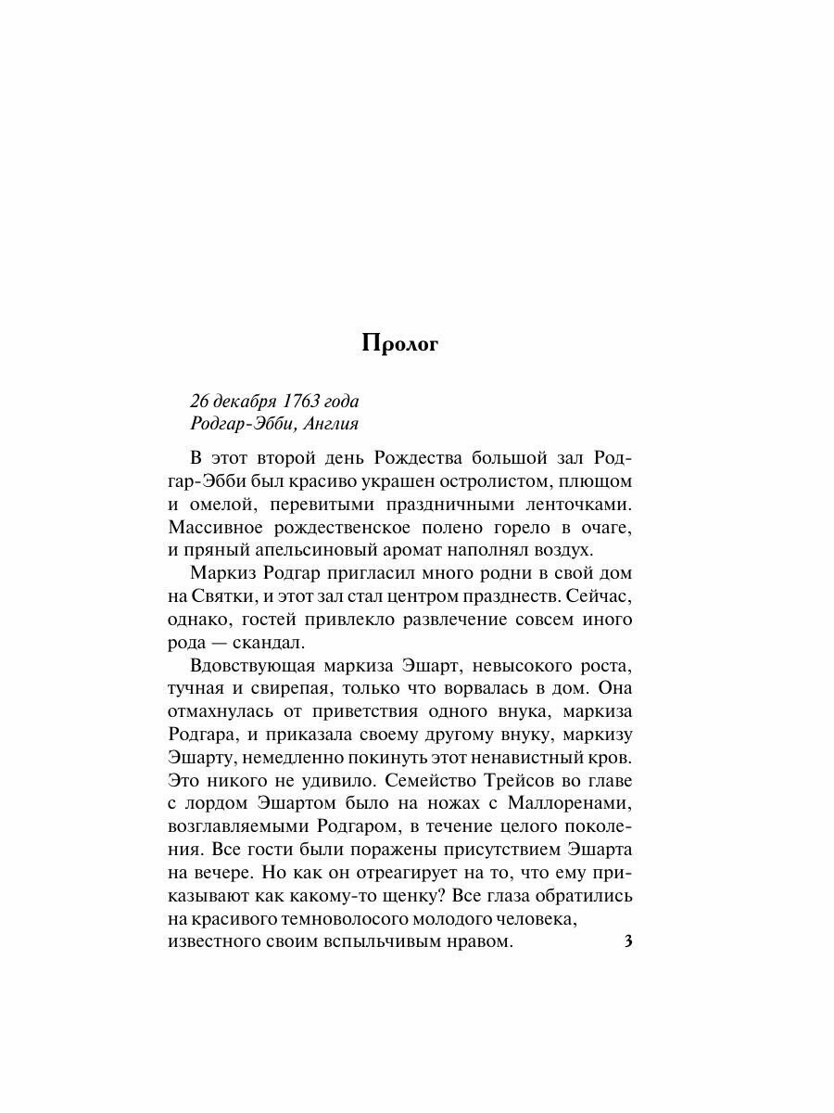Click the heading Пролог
398,345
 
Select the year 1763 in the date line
298,402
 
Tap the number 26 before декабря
199,402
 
